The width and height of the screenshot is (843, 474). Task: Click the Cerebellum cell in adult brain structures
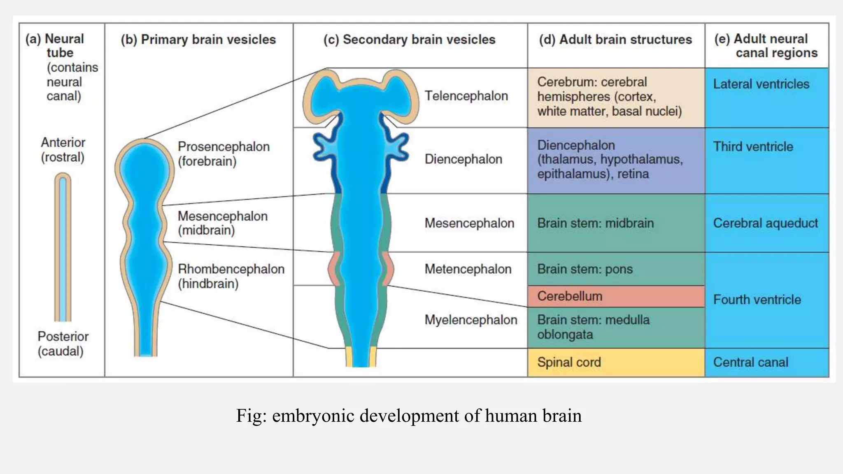[615, 296]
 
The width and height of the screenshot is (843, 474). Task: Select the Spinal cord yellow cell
[615, 362]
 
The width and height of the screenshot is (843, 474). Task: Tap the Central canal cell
[766, 362]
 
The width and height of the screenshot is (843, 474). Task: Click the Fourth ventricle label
[757, 300]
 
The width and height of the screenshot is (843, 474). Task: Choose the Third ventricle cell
[766, 160]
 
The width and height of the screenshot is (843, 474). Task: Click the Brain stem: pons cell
[615, 269]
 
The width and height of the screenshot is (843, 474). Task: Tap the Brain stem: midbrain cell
[615, 223]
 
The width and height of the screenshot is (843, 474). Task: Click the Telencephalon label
[466, 96]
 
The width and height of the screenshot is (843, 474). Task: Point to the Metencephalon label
[468, 269]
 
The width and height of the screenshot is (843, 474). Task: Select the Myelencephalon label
[471, 320]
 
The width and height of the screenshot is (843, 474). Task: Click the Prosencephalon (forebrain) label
[223, 153]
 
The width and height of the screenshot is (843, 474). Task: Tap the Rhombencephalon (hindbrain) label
[231, 276]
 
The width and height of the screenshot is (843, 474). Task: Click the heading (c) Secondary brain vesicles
[409, 39]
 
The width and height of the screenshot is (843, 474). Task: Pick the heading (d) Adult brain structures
[615, 39]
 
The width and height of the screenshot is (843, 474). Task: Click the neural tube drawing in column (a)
[63, 247]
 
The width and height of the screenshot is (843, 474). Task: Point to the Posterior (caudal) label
[63, 344]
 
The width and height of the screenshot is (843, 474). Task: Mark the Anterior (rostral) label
[63, 149]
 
